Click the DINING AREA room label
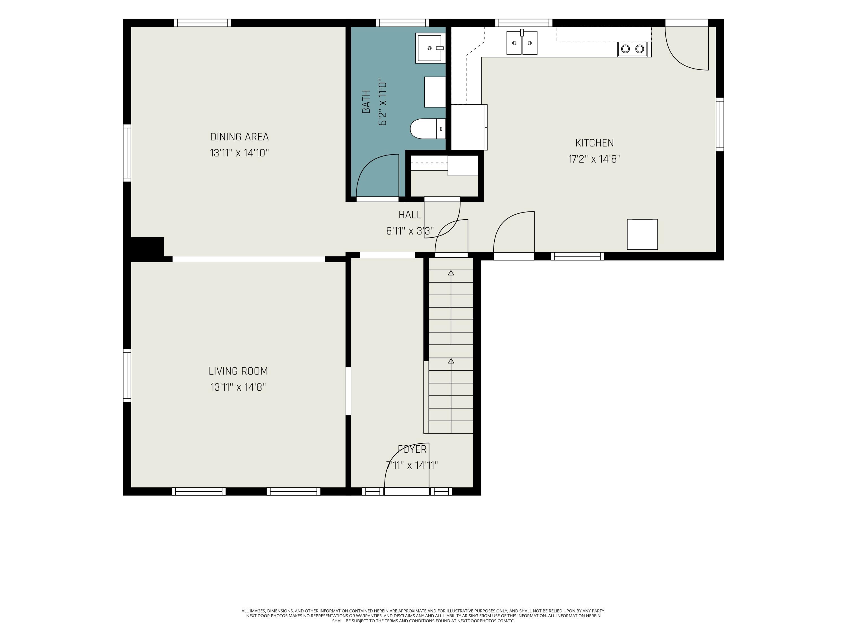239,137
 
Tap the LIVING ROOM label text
238,371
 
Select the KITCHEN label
594,143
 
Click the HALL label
410,215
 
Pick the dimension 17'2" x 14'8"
594,159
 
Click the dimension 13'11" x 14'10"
239,153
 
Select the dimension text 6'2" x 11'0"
383,103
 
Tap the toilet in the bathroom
428,129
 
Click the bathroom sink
430,48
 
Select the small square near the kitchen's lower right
642,234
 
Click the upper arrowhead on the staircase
451,273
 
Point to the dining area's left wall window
127,153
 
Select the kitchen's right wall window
720,124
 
